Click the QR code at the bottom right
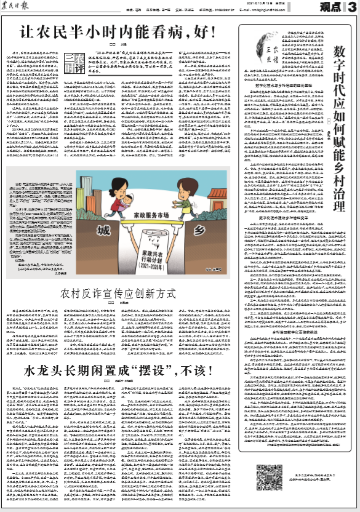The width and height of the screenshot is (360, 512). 265,484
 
